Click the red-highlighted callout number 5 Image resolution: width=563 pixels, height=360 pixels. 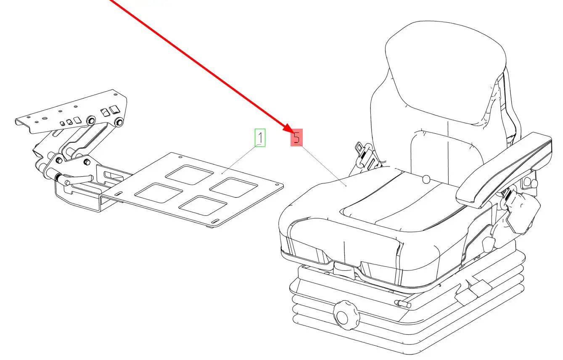pos(296,138)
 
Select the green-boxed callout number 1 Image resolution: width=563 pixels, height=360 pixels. pos(260,138)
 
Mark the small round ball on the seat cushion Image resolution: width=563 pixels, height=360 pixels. pos(426,180)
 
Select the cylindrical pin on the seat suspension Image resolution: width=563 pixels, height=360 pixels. pos(403,304)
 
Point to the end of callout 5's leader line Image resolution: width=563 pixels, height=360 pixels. pos(346,186)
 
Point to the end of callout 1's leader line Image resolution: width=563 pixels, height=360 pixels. pos(222,173)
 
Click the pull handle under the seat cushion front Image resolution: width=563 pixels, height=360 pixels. pos(344,268)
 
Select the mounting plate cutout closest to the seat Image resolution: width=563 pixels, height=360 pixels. pos(233,187)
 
